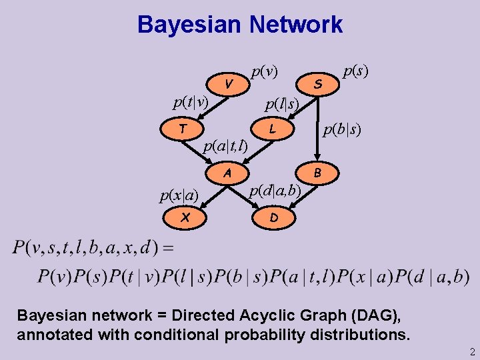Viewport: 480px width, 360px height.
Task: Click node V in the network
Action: click(x=229, y=84)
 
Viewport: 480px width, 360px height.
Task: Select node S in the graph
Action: click(x=319, y=84)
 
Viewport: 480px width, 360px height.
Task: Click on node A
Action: click(x=227, y=173)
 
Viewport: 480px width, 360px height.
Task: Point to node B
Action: click(x=318, y=173)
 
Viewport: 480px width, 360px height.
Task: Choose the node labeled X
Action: click(x=185, y=217)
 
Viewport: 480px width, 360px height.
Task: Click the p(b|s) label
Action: click(x=342, y=129)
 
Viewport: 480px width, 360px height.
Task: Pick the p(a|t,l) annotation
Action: click(x=225, y=145)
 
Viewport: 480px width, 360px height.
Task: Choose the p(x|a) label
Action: click(x=179, y=195)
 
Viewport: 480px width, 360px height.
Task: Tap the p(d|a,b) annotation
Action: click(x=275, y=191)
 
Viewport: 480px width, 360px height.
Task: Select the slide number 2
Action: click(x=471, y=352)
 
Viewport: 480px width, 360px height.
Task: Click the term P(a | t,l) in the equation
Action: click(x=316, y=276)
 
